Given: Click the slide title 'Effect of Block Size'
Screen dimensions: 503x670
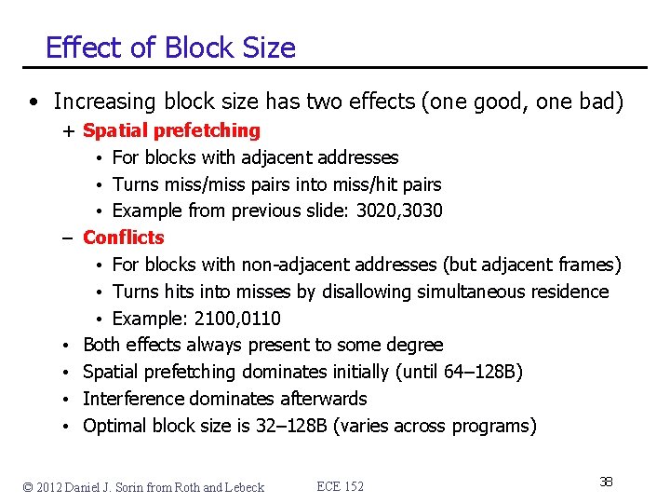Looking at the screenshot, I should point(170,48).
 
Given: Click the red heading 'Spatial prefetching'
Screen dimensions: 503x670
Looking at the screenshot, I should point(171,131).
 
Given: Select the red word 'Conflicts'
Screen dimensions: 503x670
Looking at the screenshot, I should point(123,238).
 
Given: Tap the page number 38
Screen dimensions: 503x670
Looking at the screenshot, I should point(606,482).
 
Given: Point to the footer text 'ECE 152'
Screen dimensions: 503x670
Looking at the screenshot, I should point(340,486).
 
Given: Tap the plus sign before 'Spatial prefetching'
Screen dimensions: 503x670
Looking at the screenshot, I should point(70,131).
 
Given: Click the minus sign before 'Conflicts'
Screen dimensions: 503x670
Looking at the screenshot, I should point(69,238).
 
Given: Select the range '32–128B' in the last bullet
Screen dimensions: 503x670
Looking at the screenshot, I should point(292,426).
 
